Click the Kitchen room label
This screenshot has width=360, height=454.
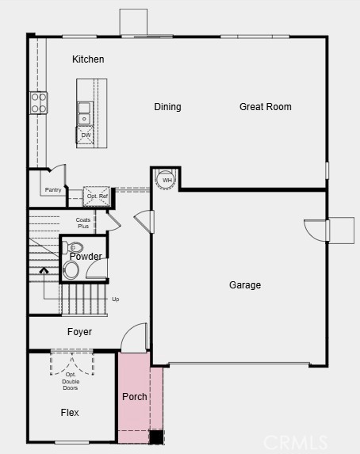(x=88, y=59)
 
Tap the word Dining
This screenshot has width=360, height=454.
(x=167, y=107)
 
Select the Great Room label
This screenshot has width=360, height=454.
(x=266, y=106)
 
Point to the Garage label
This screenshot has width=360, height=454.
(x=245, y=285)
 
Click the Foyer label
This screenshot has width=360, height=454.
(x=79, y=331)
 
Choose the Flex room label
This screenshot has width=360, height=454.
(x=70, y=412)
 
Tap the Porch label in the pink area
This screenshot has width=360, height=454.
(x=135, y=396)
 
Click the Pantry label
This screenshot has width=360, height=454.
(x=53, y=190)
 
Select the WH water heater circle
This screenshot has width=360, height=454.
(x=166, y=180)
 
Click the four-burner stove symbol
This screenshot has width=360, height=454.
(x=39, y=103)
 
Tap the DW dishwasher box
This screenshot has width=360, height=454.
(x=85, y=135)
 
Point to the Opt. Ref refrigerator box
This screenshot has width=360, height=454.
(x=97, y=196)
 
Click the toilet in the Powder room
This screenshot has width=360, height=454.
(x=72, y=247)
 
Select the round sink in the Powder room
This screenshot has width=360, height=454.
(x=71, y=270)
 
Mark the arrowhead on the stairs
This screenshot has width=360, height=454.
(x=44, y=270)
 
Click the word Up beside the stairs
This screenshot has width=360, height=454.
(x=115, y=299)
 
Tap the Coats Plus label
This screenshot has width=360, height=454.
(x=83, y=223)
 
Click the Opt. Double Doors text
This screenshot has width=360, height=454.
(x=71, y=381)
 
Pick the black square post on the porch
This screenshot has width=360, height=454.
(x=156, y=437)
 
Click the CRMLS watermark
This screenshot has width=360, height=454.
(x=295, y=442)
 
